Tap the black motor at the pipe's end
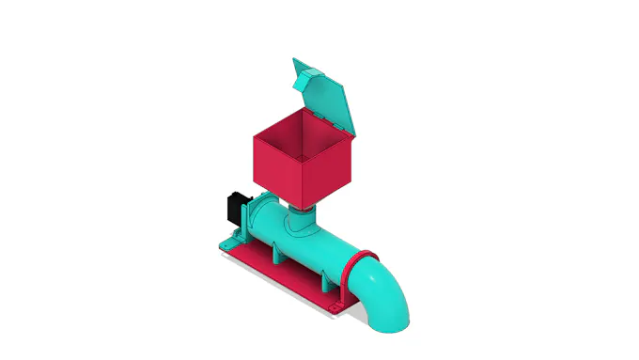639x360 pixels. [235, 207]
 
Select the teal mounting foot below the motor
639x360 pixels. [227, 243]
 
